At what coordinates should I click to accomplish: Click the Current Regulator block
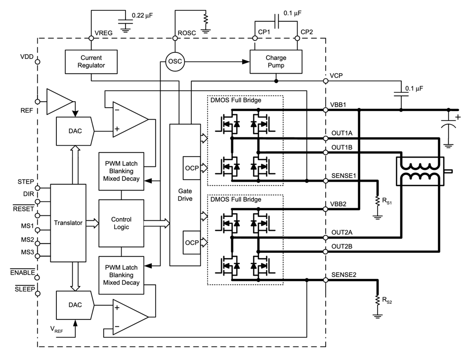pos(91,62)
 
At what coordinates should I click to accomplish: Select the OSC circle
pos(175,62)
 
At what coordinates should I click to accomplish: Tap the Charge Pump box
pos(276,62)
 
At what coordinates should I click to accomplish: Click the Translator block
pos(68,223)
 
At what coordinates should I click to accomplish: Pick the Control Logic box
pos(121,223)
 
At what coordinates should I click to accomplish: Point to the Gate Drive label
pos(185,195)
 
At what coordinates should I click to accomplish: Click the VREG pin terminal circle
pos(91,39)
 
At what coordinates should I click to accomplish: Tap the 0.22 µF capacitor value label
pos(142,15)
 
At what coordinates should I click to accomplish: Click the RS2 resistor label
pos(387,300)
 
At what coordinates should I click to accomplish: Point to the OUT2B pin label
pos(342,246)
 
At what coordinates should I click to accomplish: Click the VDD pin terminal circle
pos(38,62)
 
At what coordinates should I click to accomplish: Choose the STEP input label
pos(26,182)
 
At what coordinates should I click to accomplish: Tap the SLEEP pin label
pos(25,289)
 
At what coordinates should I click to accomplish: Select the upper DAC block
pos(75,131)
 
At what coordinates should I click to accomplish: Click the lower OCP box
pos(192,242)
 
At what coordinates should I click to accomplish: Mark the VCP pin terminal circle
pos(326,81)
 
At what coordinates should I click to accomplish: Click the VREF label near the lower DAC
pos(56,329)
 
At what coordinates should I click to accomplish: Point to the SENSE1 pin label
pos(343,175)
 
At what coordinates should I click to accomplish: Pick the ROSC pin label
pos(187,33)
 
